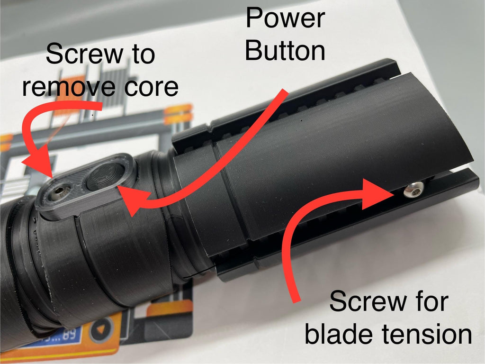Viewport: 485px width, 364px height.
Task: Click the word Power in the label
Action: pyautogui.click(x=285, y=18)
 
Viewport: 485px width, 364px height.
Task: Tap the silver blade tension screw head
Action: pyautogui.click(x=411, y=190)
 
